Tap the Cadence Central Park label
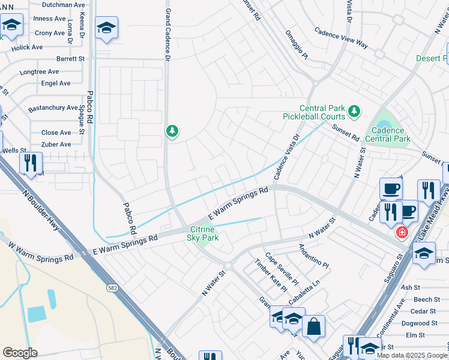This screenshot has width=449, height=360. coord(391,134)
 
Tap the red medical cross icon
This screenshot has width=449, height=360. coord(401,232)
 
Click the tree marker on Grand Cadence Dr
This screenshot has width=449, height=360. coord(172,131)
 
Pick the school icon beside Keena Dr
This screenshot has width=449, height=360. coord(106,28)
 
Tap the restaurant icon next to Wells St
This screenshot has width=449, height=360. coord(30,163)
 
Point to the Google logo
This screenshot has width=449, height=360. coord(20,352)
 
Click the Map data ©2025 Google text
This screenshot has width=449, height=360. coord(412,355)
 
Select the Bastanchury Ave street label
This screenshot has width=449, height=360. coord(53,109)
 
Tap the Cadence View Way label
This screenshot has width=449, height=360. coord(341,40)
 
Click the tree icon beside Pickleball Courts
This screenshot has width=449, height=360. coord(354,110)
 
